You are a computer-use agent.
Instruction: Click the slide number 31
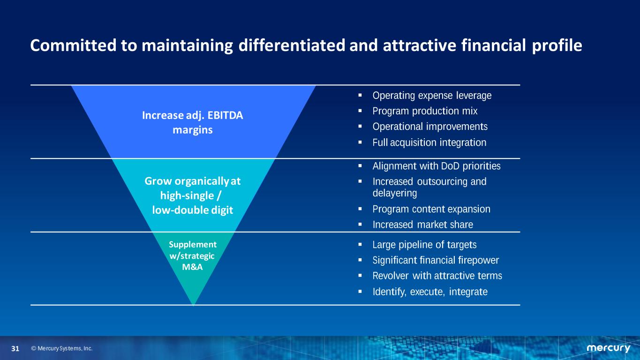pos(15,348)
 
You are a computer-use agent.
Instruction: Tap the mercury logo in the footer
pos(608,348)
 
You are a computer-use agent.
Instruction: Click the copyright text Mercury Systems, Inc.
pos(62,348)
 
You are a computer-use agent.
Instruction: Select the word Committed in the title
pos(74,45)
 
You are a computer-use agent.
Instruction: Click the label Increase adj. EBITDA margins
pos(193,122)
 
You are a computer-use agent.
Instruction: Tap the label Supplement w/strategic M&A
pos(193,256)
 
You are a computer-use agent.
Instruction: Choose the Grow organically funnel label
pos(193,195)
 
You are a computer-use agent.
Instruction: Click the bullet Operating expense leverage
pos(432,96)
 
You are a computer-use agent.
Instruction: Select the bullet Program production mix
pos(425,111)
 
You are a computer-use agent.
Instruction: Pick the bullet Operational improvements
pos(430,127)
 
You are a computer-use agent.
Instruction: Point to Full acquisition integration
pos(429,142)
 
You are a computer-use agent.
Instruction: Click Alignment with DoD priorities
pos(437,166)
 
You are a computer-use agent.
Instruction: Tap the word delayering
pos(395,194)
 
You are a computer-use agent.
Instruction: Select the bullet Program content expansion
pos(431,209)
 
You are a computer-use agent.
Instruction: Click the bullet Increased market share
pos(423,225)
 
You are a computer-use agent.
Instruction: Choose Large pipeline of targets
pos(425,245)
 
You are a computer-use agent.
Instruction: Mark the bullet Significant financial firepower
pos(436,260)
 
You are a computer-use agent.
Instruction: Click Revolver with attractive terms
pos(437,276)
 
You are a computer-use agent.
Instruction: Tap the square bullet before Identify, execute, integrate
pos(360,292)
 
